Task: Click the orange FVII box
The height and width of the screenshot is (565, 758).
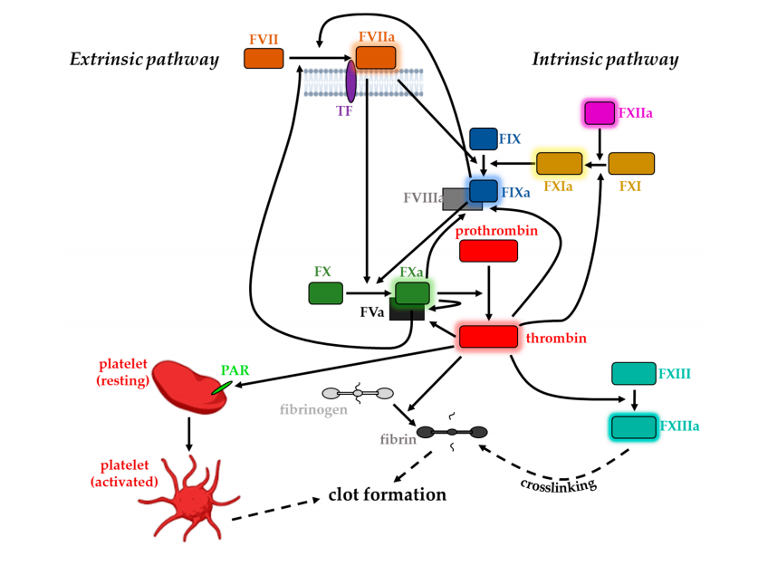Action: pos(264,59)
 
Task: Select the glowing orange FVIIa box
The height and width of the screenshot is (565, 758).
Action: pos(375,58)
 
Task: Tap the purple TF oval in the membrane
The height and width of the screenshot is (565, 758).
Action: pos(350,81)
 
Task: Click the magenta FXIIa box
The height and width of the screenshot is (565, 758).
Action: pos(600,113)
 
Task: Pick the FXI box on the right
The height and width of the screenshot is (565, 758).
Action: pos(630,164)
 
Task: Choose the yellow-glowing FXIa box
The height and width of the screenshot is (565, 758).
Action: pos(559,164)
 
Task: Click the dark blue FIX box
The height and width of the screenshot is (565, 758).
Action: pos(483,139)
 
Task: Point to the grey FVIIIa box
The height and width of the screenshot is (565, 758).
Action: pos(456,200)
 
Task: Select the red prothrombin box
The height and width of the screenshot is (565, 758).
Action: pos(488,251)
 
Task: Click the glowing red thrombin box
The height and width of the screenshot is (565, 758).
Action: pos(488,337)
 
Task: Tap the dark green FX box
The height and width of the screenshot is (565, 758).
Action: pos(325,293)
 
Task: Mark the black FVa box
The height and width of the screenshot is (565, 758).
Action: pos(407,312)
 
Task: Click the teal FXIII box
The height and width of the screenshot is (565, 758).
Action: pos(633,373)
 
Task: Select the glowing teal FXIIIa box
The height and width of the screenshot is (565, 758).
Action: pos(633,426)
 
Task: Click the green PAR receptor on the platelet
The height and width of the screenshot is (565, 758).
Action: pos(221,388)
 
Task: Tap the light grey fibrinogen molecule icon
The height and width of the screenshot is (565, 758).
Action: pos(359,393)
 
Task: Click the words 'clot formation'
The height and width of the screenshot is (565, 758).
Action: pos(387,494)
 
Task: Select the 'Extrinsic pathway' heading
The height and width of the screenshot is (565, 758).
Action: pos(144,60)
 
